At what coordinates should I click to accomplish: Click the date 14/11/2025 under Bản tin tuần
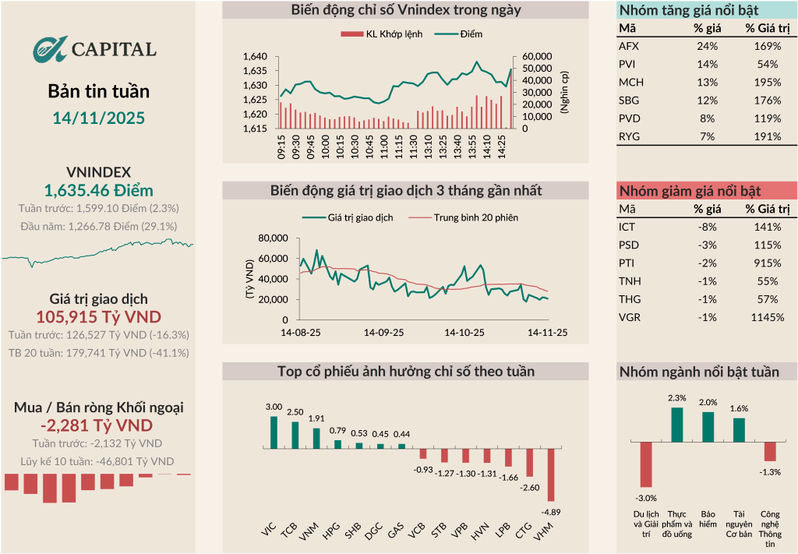coord(98,118)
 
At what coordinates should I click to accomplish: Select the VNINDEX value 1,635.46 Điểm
coord(98,190)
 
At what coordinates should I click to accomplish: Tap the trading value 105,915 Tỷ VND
coord(98,316)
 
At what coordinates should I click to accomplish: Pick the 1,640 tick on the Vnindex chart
coord(255,57)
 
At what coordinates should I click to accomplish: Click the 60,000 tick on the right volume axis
coord(537,57)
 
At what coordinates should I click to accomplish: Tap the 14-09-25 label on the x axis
coord(384,332)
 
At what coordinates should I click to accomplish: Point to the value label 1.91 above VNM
coord(316,418)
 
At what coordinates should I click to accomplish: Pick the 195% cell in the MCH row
coord(767,82)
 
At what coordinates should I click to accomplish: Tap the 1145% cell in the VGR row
coord(767,317)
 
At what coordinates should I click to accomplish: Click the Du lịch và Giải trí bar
coord(645,465)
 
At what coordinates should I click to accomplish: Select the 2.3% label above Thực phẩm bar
coord(677,398)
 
